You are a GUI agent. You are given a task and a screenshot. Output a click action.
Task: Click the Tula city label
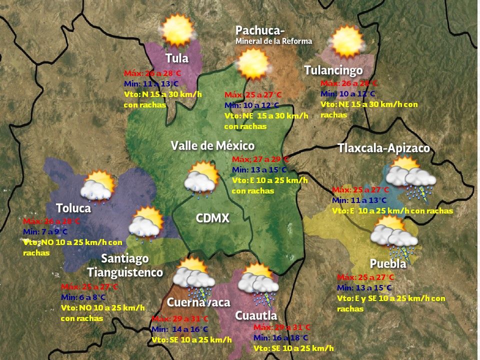pyautogui.click(x=177, y=58)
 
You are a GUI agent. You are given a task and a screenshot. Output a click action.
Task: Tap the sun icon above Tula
pyautogui.click(x=177, y=29)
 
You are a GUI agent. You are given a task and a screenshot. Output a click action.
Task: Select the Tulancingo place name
pyautogui.click(x=333, y=70)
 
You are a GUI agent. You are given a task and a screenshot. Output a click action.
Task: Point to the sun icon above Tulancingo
pyautogui.click(x=346, y=41)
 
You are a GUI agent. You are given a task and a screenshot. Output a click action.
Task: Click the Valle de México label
pyautogui.click(x=212, y=145)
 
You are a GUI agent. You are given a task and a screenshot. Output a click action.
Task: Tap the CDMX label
pyautogui.click(x=212, y=218)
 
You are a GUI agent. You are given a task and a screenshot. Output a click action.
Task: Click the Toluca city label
pyautogui.click(x=73, y=207)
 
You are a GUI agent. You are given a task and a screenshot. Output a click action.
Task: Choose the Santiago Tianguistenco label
pyautogui.click(x=125, y=265)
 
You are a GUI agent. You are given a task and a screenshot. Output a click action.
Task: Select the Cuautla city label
pyautogui.click(x=256, y=315)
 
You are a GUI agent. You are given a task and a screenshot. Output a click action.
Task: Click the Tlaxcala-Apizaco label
pyautogui.click(x=383, y=148)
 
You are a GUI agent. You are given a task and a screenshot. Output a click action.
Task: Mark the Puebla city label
pyautogui.click(x=388, y=263)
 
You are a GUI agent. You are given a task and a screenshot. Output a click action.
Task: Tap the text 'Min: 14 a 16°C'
pyautogui.click(x=179, y=329)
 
